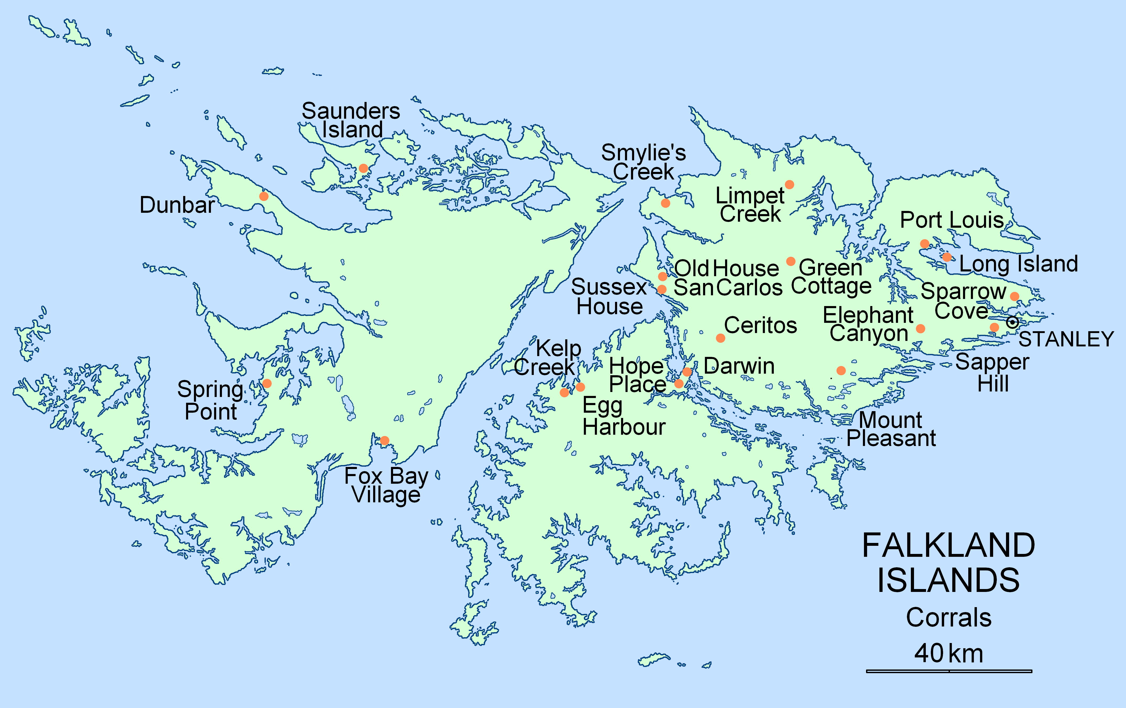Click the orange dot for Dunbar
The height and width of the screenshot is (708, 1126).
pyautogui.click(x=264, y=196)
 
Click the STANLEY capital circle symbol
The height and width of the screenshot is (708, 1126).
pyautogui.click(x=1012, y=322)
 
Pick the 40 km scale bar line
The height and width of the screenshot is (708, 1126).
pyautogui.click(x=949, y=671)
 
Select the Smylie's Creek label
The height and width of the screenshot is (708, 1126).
pyautogui.click(x=643, y=162)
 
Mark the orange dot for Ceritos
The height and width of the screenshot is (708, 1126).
pyautogui.click(x=721, y=338)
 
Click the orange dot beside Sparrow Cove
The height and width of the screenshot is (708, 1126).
pyautogui.click(x=1015, y=296)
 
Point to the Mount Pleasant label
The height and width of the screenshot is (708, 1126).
pyautogui.click(x=891, y=429)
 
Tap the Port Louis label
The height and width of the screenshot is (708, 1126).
pyautogui.click(x=952, y=220)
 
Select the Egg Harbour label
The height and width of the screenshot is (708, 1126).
pyautogui.click(x=624, y=416)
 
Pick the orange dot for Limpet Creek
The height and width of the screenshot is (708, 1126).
pyautogui.click(x=789, y=184)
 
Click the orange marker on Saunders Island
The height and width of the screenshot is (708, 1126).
pyautogui.click(x=363, y=168)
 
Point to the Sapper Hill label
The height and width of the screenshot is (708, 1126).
pyautogui.click(x=992, y=373)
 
